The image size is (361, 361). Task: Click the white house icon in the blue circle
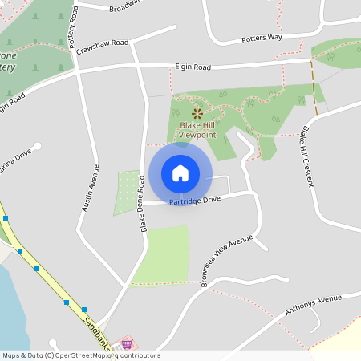tap(180, 172)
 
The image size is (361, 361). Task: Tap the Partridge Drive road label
tap(194, 201)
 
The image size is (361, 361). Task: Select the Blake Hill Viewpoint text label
tap(197, 130)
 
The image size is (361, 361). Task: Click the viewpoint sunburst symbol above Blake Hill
tap(196, 114)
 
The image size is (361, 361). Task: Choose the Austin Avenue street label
tap(91, 187)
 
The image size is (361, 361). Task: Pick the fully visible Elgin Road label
tap(193, 67)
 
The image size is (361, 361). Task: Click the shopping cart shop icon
tap(126, 344)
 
